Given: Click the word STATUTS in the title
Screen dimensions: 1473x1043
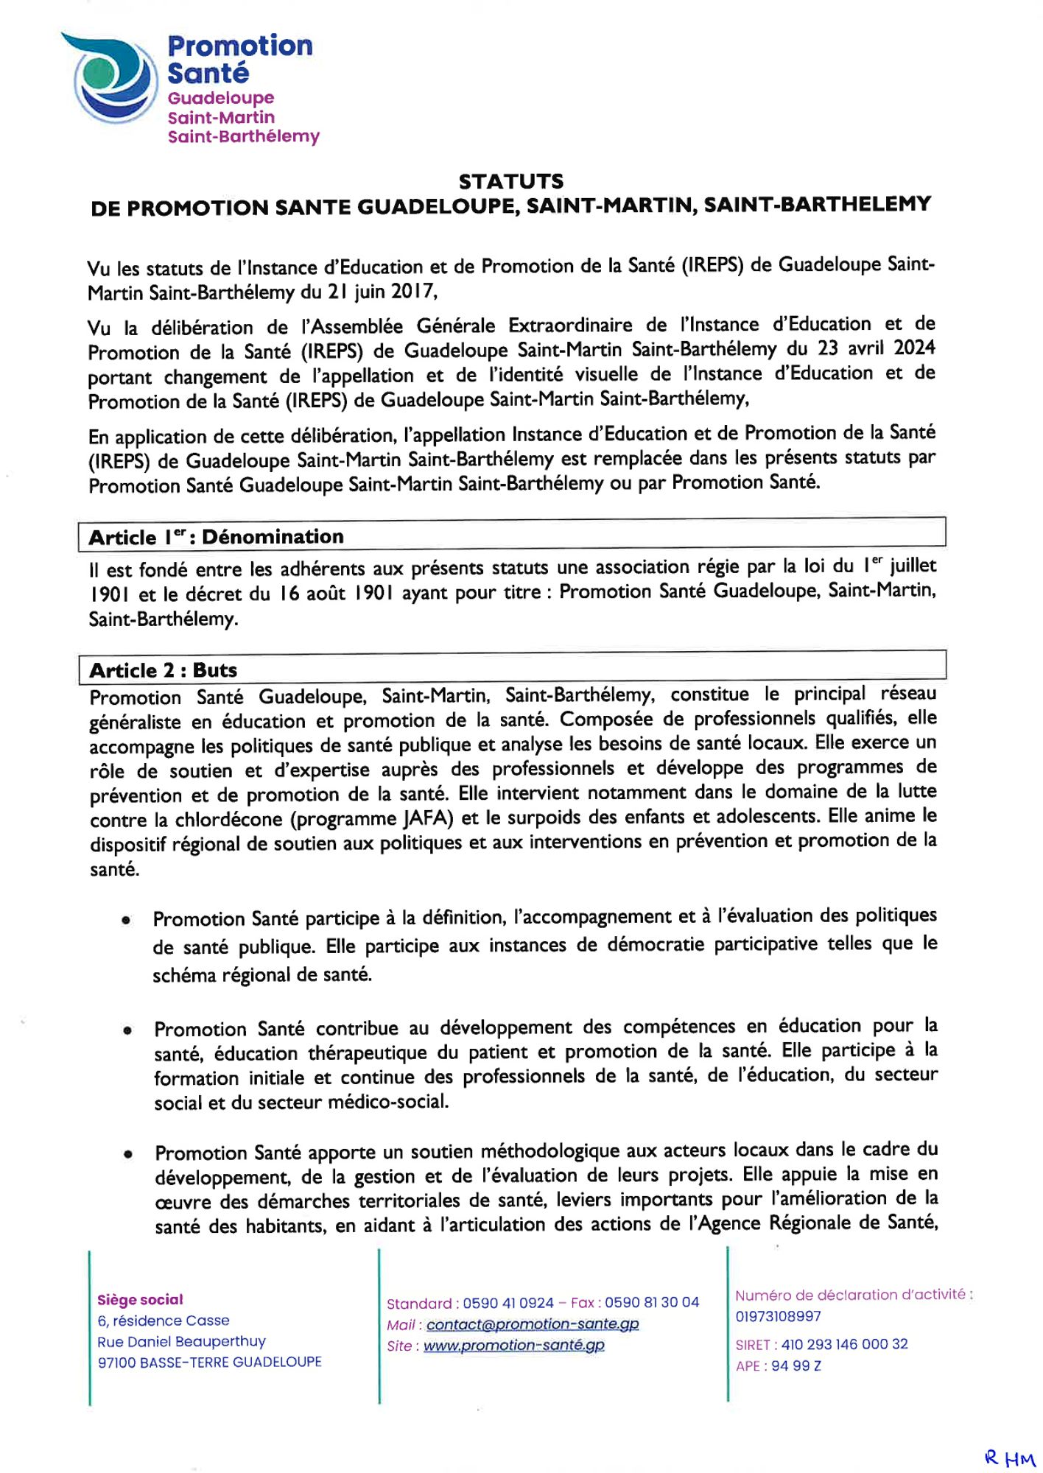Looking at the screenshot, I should tap(510, 181).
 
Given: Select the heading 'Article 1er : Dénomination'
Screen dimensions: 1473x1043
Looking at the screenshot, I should tap(216, 537).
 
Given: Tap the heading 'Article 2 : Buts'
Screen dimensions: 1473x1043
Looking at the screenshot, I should tap(163, 670).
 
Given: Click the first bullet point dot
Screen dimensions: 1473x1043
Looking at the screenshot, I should tap(127, 920).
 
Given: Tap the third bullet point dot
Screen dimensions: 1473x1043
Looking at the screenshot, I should tap(128, 1154).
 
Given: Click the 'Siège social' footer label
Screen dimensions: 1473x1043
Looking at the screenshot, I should tap(140, 1300).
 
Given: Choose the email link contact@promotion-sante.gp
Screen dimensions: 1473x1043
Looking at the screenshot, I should tap(532, 1324).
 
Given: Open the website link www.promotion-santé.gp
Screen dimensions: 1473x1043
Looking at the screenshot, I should tap(513, 1346).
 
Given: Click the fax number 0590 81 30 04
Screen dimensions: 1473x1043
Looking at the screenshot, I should tap(652, 1303).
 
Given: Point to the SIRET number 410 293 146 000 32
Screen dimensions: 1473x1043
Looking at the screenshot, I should tap(844, 1344).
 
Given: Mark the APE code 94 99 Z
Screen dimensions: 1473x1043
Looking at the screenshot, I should tap(796, 1366).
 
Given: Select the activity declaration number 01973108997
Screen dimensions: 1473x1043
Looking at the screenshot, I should tap(778, 1316).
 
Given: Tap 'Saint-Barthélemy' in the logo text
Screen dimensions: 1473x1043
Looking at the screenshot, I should tap(243, 137).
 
